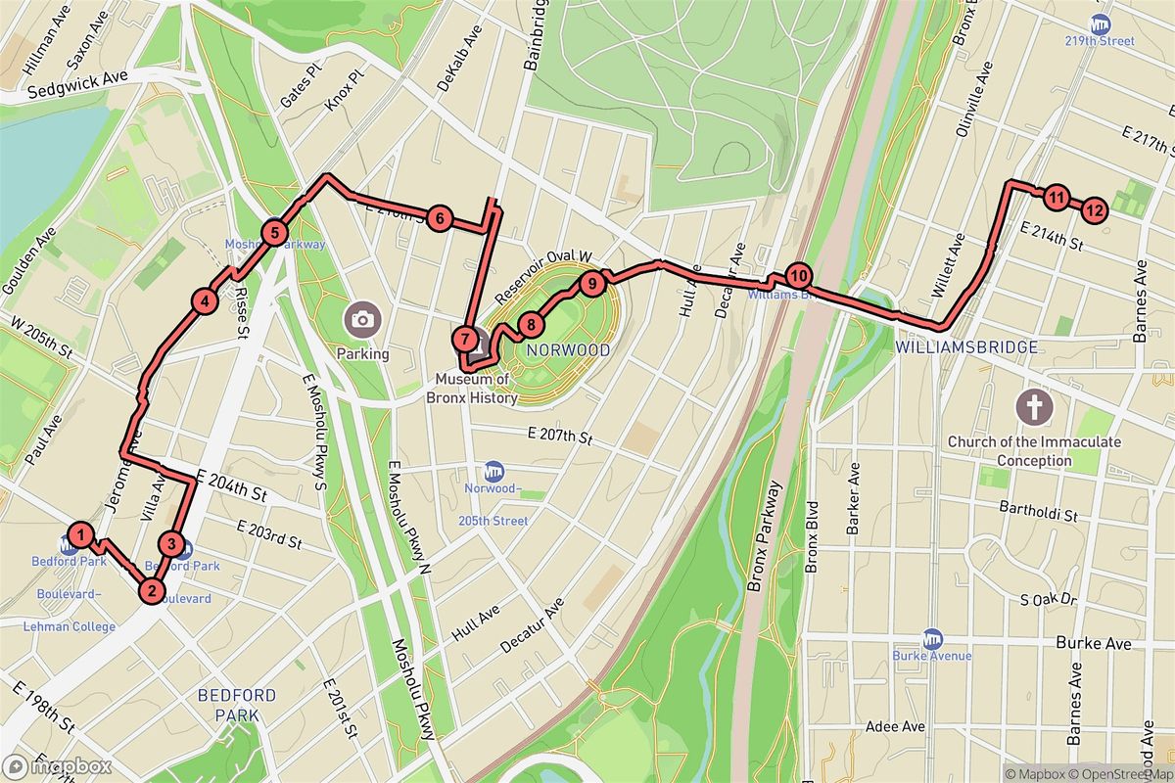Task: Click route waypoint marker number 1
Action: tap(82, 535)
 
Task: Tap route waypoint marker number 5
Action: tap(275, 233)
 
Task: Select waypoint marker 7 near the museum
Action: tap(465, 339)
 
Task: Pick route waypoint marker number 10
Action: tap(798, 276)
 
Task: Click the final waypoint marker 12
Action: tap(1095, 208)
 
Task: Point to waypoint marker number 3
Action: tap(171, 544)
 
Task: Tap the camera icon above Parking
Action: tap(362, 318)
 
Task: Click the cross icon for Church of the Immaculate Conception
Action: tap(1033, 405)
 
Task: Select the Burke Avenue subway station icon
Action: tap(932, 636)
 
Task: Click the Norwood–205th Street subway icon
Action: tap(493, 471)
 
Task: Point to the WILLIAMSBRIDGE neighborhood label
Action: tap(939, 347)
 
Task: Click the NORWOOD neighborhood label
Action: tap(568, 349)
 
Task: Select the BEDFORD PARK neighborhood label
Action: tap(236, 705)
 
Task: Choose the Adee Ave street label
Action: tap(895, 727)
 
